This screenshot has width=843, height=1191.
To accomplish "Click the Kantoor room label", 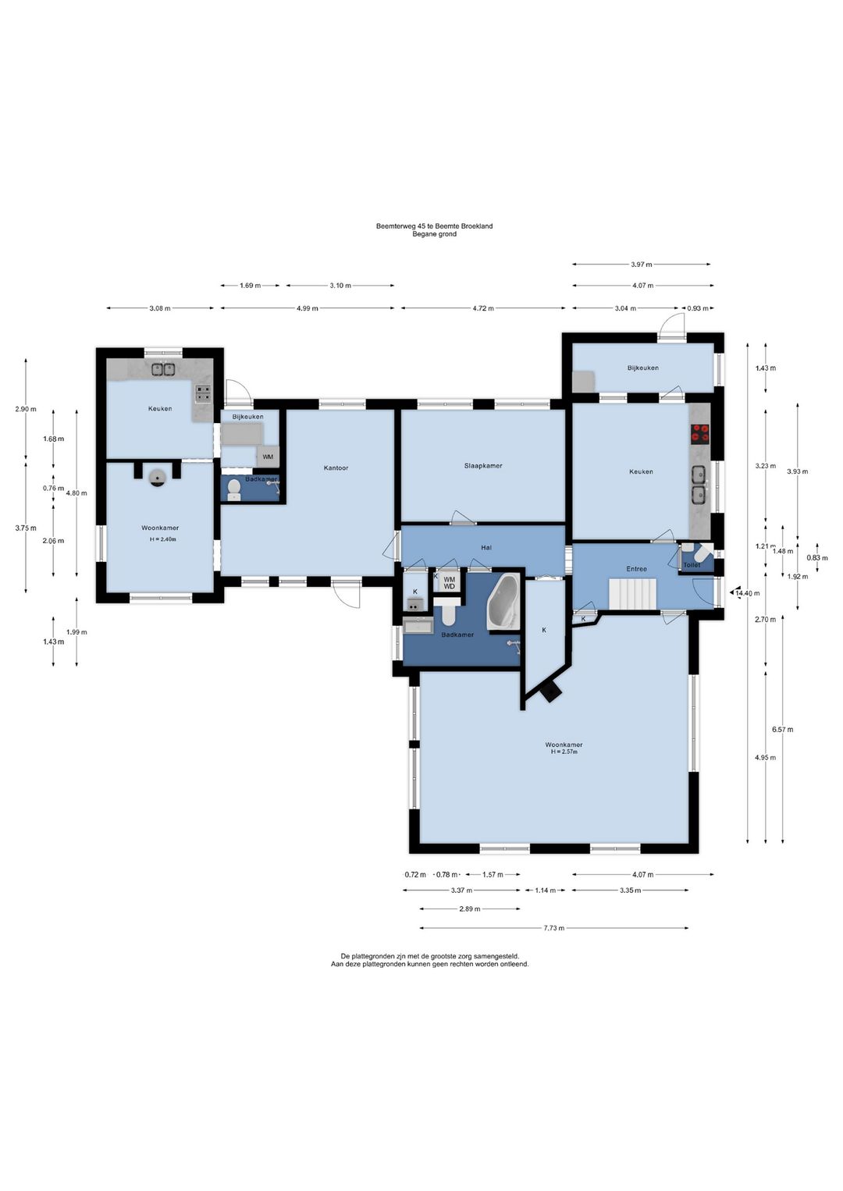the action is tap(336, 468).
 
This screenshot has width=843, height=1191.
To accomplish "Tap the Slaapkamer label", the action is tap(483, 466).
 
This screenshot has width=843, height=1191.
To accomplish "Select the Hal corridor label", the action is tap(486, 547).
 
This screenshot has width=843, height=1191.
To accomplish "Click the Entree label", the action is tap(636, 569).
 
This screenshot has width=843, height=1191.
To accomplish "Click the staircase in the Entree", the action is tap(634, 595).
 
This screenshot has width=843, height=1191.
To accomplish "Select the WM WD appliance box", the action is tap(450, 583).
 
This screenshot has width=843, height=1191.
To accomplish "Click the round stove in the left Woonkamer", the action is tap(158, 478).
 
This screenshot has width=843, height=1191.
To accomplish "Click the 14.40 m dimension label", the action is tap(748, 593).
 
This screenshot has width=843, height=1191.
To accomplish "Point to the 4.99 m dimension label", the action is tap(308, 308).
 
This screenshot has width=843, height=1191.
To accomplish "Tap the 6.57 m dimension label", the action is tap(782, 730).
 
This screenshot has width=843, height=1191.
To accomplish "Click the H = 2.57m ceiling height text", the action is tap(564, 752).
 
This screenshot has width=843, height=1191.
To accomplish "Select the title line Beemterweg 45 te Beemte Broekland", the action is tap(434, 226).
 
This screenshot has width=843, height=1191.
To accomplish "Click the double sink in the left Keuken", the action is tap(163, 368).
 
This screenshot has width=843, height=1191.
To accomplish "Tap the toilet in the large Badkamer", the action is tap(447, 612).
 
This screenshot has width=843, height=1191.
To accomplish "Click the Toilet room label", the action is tap(692, 565).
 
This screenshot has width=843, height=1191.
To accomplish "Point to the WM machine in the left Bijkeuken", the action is tap(268, 457).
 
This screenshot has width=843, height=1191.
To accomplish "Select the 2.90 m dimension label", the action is tap(26, 410).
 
